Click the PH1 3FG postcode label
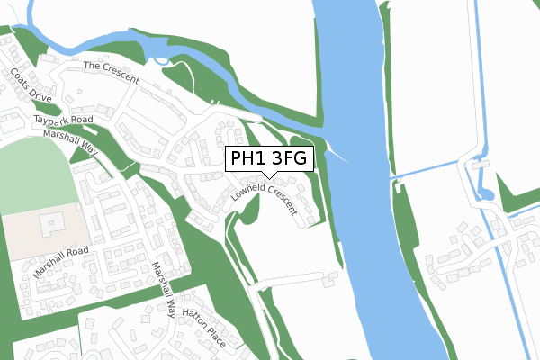click(269, 159)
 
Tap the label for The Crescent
click(111, 73)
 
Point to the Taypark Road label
click(64, 120)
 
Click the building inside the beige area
click(49, 219)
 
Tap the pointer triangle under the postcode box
click(269, 175)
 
